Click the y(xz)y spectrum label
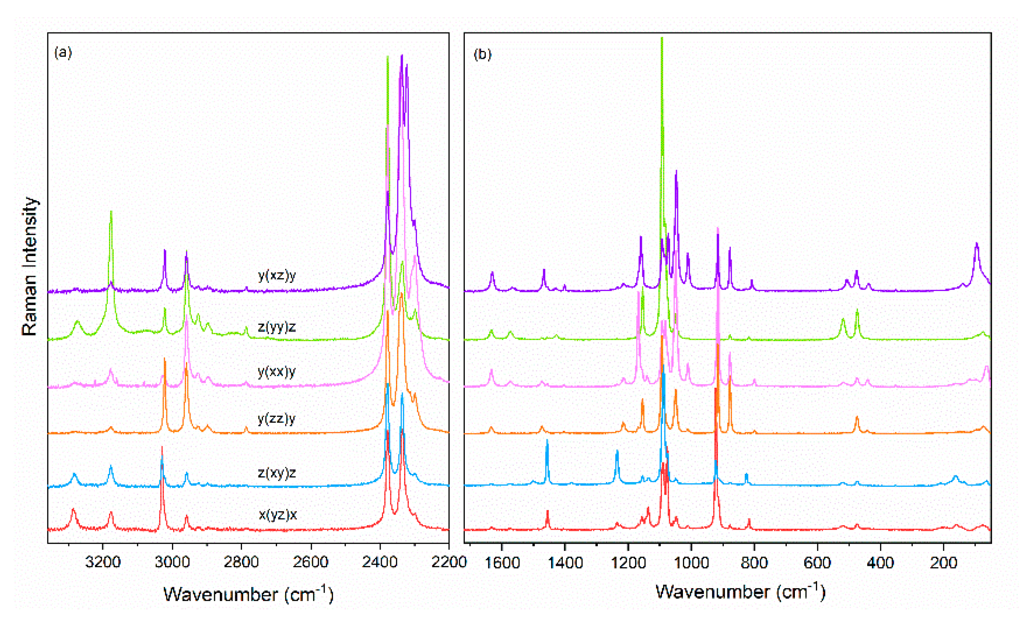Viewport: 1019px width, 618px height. pyautogui.click(x=276, y=275)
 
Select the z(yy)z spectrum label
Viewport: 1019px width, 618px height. pyautogui.click(x=276, y=327)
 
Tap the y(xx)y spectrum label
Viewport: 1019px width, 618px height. pyautogui.click(x=276, y=371)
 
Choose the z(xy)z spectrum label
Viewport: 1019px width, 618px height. pyautogui.click(x=276, y=473)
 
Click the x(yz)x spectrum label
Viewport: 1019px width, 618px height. pyautogui.click(x=278, y=514)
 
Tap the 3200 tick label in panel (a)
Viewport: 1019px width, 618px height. pyautogui.click(x=103, y=562)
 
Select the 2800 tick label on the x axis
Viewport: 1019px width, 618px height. pyautogui.click(x=241, y=562)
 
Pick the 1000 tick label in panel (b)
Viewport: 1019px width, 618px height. pyautogui.click(x=691, y=563)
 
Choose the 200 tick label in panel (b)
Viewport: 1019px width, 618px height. pyautogui.click(x=943, y=563)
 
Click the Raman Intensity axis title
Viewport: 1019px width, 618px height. pyautogui.click(x=29, y=266)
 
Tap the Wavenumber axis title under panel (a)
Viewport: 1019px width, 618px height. pyautogui.click(x=248, y=594)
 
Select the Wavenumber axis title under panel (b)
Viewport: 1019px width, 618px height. pyautogui.click(x=740, y=592)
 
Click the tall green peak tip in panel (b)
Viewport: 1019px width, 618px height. pyautogui.click(x=662, y=39)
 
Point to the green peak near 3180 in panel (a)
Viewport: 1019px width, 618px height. pyautogui.click(x=111, y=212)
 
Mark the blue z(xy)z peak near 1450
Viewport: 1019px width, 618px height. pyautogui.click(x=546, y=441)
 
